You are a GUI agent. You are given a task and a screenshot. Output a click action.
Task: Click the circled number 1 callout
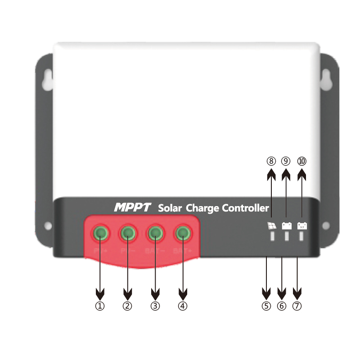coord(100,306)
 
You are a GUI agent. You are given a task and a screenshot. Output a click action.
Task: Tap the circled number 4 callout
coord(182,306)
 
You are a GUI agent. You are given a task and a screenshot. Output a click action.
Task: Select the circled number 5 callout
coord(266,306)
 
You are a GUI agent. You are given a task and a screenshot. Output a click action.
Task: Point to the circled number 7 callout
coord(297,306)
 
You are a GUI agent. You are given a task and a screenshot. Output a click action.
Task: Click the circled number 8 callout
coord(271,161)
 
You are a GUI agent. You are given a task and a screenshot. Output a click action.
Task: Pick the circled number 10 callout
coord(301,161)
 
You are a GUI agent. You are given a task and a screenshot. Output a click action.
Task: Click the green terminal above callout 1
coord(100,233)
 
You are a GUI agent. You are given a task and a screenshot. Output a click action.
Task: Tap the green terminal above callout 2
coord(128,233)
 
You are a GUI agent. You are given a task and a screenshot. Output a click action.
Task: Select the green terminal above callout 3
coord(155,233)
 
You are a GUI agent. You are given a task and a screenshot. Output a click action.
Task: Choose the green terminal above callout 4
coord(183,233)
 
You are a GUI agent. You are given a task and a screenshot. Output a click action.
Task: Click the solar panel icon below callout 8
coord(272,225)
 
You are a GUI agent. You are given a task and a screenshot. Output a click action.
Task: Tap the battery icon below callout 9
coord(287,225)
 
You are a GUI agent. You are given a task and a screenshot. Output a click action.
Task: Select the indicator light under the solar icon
coord(272,237)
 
